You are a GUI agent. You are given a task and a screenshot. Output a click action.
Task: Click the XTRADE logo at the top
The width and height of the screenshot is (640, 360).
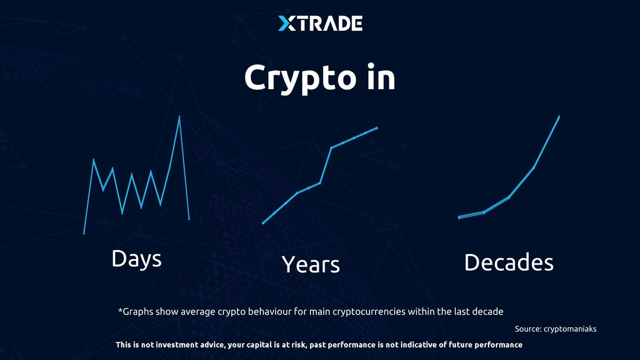tap(320, 23)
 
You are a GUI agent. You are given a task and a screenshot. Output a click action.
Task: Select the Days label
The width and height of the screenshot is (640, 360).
tap(137, 259)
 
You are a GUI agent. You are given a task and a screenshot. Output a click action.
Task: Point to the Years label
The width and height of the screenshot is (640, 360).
tap(310, 264)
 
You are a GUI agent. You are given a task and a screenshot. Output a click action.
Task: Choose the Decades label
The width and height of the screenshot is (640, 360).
tap(508, 262)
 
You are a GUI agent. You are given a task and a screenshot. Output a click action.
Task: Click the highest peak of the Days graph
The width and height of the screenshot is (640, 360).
tap(179, 116)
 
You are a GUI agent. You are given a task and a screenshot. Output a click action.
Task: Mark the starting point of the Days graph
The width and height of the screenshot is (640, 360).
tap(84, 233)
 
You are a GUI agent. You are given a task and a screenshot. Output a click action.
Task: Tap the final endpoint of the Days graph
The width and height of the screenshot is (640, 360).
tap(189, 218)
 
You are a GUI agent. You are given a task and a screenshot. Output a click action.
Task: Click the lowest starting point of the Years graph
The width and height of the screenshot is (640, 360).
tap(263, 223)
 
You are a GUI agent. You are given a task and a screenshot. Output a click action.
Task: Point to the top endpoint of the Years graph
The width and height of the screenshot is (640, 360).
tap(377, 127)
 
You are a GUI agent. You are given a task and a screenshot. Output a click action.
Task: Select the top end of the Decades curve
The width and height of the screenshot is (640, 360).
tap(559, 116)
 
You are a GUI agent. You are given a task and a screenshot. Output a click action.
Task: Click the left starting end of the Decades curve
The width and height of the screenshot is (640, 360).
tap(459, 217)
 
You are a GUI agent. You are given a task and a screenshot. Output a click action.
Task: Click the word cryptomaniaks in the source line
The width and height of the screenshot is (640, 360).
tap(570, 329)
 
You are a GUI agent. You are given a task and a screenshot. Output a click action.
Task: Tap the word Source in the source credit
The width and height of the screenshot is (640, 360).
tap(527, 329)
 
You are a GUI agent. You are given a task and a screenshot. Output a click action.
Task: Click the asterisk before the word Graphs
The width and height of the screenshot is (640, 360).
tap(119, 310)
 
